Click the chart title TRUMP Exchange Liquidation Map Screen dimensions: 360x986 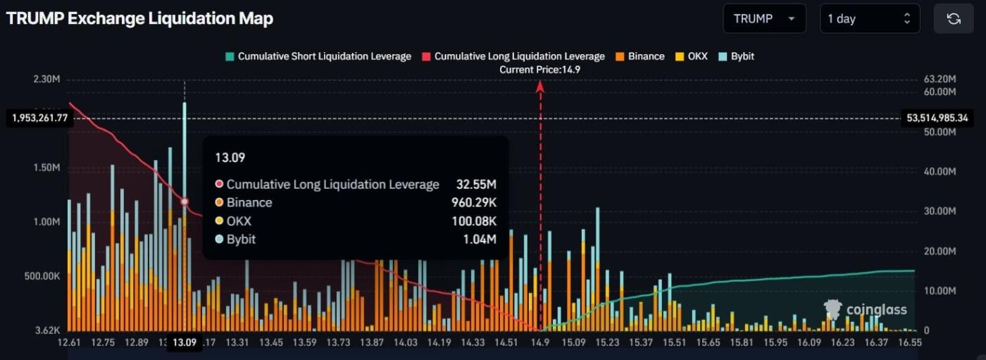coord(139,19)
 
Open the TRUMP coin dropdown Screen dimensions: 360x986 coord(763,19)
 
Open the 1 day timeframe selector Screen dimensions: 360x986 coord(869,19)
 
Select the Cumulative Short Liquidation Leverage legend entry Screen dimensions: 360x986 coord(318,56)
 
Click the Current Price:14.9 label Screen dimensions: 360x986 coord(540,70)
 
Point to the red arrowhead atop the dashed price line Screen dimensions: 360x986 coord(540,86)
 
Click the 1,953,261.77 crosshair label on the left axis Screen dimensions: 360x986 coord(39,118)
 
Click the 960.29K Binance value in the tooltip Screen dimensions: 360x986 coord(474,203)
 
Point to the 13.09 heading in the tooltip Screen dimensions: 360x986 coord(230,158)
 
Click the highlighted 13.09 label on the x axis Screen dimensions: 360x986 coord(185,342)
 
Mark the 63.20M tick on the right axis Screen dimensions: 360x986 coord(939,79)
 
